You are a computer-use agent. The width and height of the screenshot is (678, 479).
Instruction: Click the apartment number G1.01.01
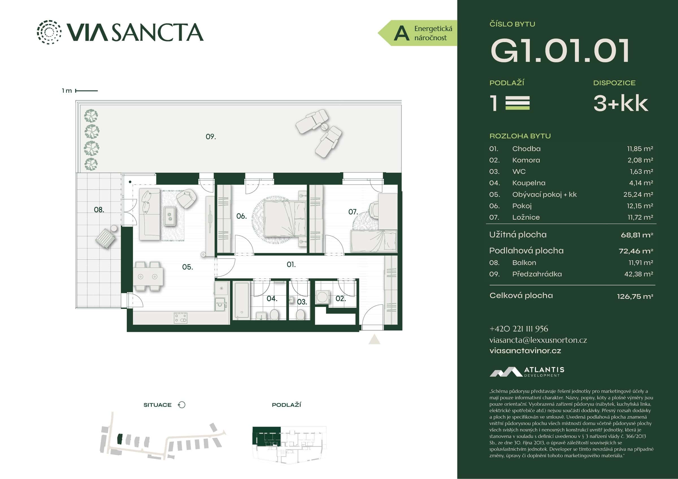[560, 51]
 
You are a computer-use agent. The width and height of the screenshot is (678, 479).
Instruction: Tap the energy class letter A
[401, 33]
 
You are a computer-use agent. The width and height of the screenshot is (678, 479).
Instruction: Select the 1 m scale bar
[86, 91]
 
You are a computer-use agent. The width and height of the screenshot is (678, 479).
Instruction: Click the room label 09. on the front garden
[210, 137]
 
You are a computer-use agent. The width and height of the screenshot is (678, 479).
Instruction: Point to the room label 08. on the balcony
[99, 210]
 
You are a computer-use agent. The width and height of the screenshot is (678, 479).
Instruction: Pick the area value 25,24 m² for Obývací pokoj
[640, 194]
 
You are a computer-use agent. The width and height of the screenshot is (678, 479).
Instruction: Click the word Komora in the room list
[526, 160]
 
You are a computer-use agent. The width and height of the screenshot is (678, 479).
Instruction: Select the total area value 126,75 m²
[634, 296]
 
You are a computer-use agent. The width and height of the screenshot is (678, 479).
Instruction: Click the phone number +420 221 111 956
[519, 329]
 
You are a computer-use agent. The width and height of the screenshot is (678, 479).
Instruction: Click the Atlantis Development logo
[527, 372]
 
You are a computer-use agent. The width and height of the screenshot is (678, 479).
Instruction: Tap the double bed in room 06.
[284, 219]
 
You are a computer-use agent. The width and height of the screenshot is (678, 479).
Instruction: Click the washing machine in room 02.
[322, 297]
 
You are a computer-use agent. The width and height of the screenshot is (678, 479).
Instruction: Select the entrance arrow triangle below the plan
[374, 340]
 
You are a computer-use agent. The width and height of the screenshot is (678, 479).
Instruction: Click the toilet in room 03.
[300, 314]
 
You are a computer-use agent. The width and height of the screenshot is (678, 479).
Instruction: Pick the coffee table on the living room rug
[170, 215]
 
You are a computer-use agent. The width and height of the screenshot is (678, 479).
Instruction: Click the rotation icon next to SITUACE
[182, 405]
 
